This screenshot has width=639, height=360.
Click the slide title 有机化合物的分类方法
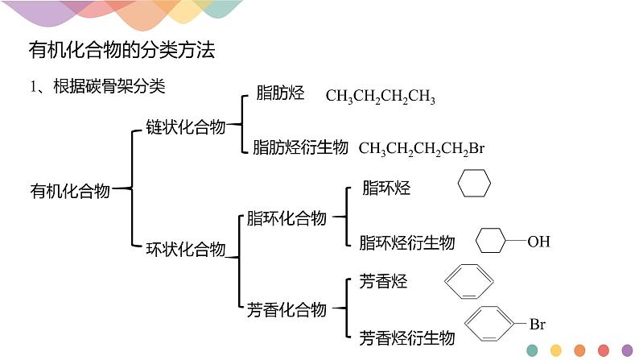point(122,50)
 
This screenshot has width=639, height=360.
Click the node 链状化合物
point(185,127)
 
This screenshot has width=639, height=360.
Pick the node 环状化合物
point(185,250)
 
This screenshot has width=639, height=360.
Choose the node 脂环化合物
point(287,218)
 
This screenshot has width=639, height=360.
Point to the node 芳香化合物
point(287,309)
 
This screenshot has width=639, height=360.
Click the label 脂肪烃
point(279,93)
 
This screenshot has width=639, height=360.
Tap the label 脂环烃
point(386,188)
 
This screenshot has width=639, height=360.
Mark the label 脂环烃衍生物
point(406,242)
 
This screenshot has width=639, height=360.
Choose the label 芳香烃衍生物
point(406,337)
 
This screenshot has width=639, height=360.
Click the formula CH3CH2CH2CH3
point(381,97)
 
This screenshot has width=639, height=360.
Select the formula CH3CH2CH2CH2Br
point(421,148)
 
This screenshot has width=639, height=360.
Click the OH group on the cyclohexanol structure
point(538,241)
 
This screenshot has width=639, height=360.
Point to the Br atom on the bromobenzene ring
point(537,325)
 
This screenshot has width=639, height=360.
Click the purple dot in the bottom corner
point(627,350)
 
